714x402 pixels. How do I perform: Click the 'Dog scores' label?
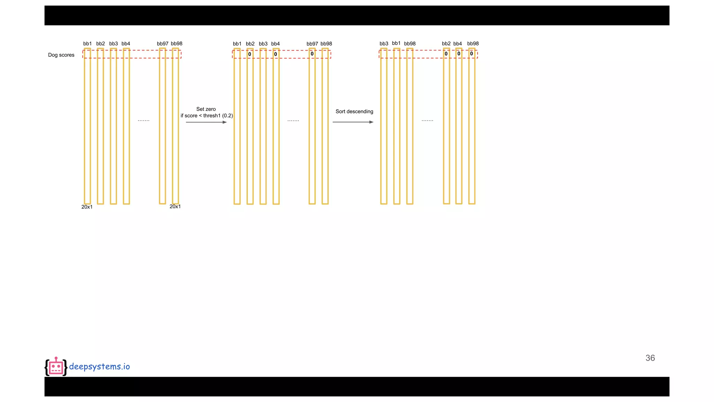(x=61, y=55)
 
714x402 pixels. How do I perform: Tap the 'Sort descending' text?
(x=354, y=111)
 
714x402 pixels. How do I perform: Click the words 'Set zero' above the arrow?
(x=206, y=109)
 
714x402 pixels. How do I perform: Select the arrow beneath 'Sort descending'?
(x=353, y=122)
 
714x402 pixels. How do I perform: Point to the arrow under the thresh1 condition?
(x=206, y=122)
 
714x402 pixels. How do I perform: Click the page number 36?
(x=650, y=358)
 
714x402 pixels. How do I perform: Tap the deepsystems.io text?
(x=99, y=366)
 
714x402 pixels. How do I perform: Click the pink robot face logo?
(x=56, y=367)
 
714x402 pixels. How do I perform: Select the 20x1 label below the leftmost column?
(x=87, y=207)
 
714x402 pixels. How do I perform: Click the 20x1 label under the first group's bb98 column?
(x=175, y=207)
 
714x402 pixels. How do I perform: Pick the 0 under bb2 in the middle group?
(x=250, y=54)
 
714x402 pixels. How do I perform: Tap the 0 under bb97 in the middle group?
(x=312, y=54)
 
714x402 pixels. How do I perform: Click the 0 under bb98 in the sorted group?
(x=471, y=54)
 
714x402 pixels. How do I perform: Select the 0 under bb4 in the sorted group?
(x=459, y=54)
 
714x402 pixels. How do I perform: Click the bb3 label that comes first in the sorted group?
(x=384, y=44)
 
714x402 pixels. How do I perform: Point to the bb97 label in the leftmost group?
(x=162, y=44)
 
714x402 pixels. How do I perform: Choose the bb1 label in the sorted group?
(x=396, y=43)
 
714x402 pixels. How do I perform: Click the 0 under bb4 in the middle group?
(x=275, y=54)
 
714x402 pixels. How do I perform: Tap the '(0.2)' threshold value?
(x=227, y=116)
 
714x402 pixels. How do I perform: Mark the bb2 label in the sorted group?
(x=446, y=44)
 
